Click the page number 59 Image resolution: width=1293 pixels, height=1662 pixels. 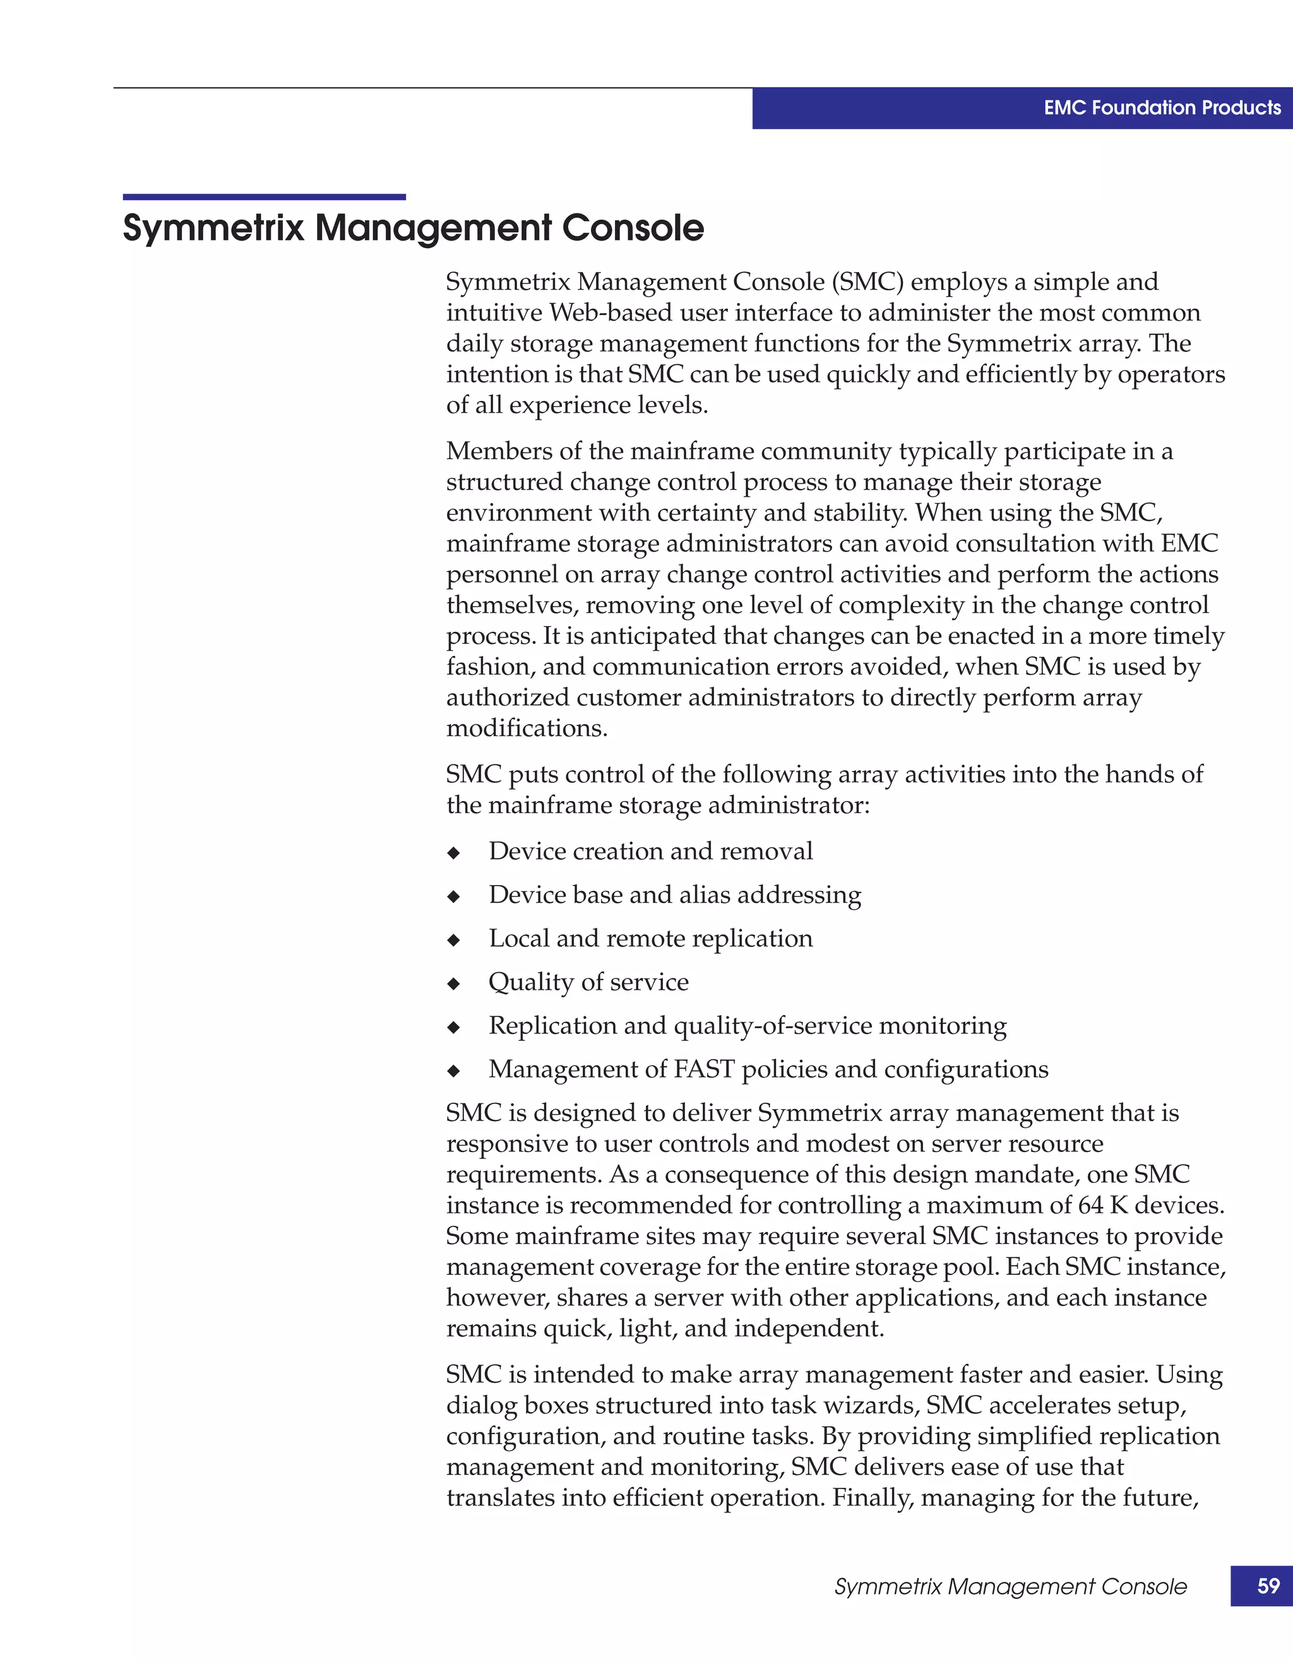(1268, 1586)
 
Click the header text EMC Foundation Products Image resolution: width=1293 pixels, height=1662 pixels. (1162, 108)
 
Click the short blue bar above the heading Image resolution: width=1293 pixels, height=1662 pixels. (264, 197)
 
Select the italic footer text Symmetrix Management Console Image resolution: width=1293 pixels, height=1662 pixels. (1010, 1587)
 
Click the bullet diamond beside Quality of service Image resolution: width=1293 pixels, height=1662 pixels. (453, 984)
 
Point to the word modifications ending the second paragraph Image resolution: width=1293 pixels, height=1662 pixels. (527, 728)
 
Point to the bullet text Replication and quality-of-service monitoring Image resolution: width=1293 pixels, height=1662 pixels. (748, 1026)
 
